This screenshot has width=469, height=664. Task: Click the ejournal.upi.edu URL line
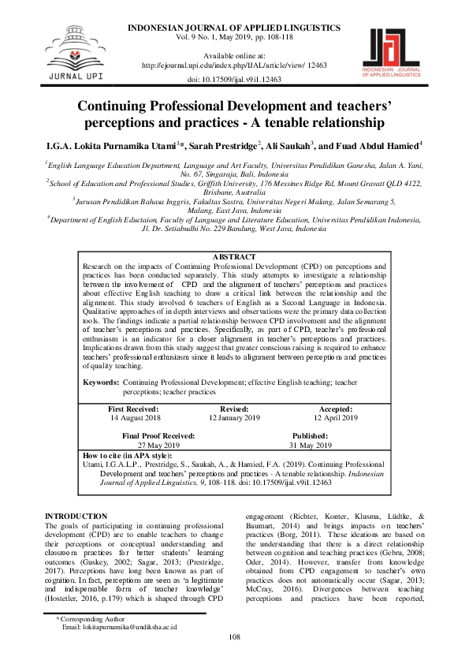[x=234, y=66]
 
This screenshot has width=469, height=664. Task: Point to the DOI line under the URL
[x=234, y=80]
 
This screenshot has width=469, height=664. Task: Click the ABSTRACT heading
[x=234, y=236]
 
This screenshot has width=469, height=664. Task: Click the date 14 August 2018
[x=133, y=418]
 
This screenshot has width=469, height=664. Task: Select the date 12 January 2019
[x=234, y=418]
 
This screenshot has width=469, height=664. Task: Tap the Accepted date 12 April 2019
[x=335, y=418]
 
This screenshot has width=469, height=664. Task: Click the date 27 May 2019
[x=158, y=445]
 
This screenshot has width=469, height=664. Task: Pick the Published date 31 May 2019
[x=310, y=445]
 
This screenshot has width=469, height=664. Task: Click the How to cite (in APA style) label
[x=127, y=456]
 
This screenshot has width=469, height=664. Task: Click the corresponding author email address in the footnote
[x=119, y=649]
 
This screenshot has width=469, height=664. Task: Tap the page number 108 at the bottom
[x=234, y=658]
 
